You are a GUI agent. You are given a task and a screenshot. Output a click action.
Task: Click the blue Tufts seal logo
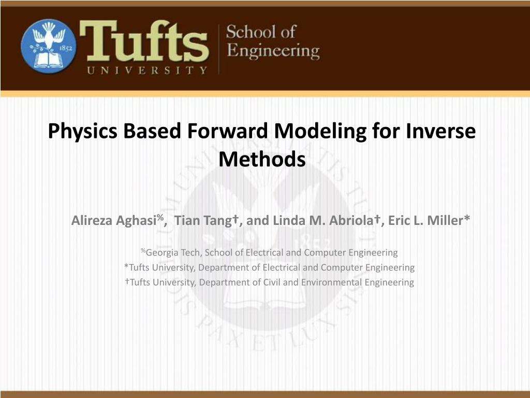tap(49, 46)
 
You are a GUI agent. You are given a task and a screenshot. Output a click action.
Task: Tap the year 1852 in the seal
tap(66, 48)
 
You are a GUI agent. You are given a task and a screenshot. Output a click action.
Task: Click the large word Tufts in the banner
tap(144, 41)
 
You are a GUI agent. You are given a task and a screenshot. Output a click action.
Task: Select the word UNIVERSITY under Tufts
tap(147, 70)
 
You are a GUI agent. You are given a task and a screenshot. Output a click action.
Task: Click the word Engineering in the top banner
tap(273, 51)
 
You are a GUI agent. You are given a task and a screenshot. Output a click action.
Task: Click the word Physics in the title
tap(83, 132)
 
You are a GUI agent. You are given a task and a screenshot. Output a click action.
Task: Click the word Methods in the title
tap(262, 159)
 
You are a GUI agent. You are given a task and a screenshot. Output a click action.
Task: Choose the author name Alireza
tap(92, 220)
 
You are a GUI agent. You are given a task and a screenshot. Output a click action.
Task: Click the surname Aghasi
tap(136, 221)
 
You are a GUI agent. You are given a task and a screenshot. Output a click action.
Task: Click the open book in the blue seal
tap(48, 60)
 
